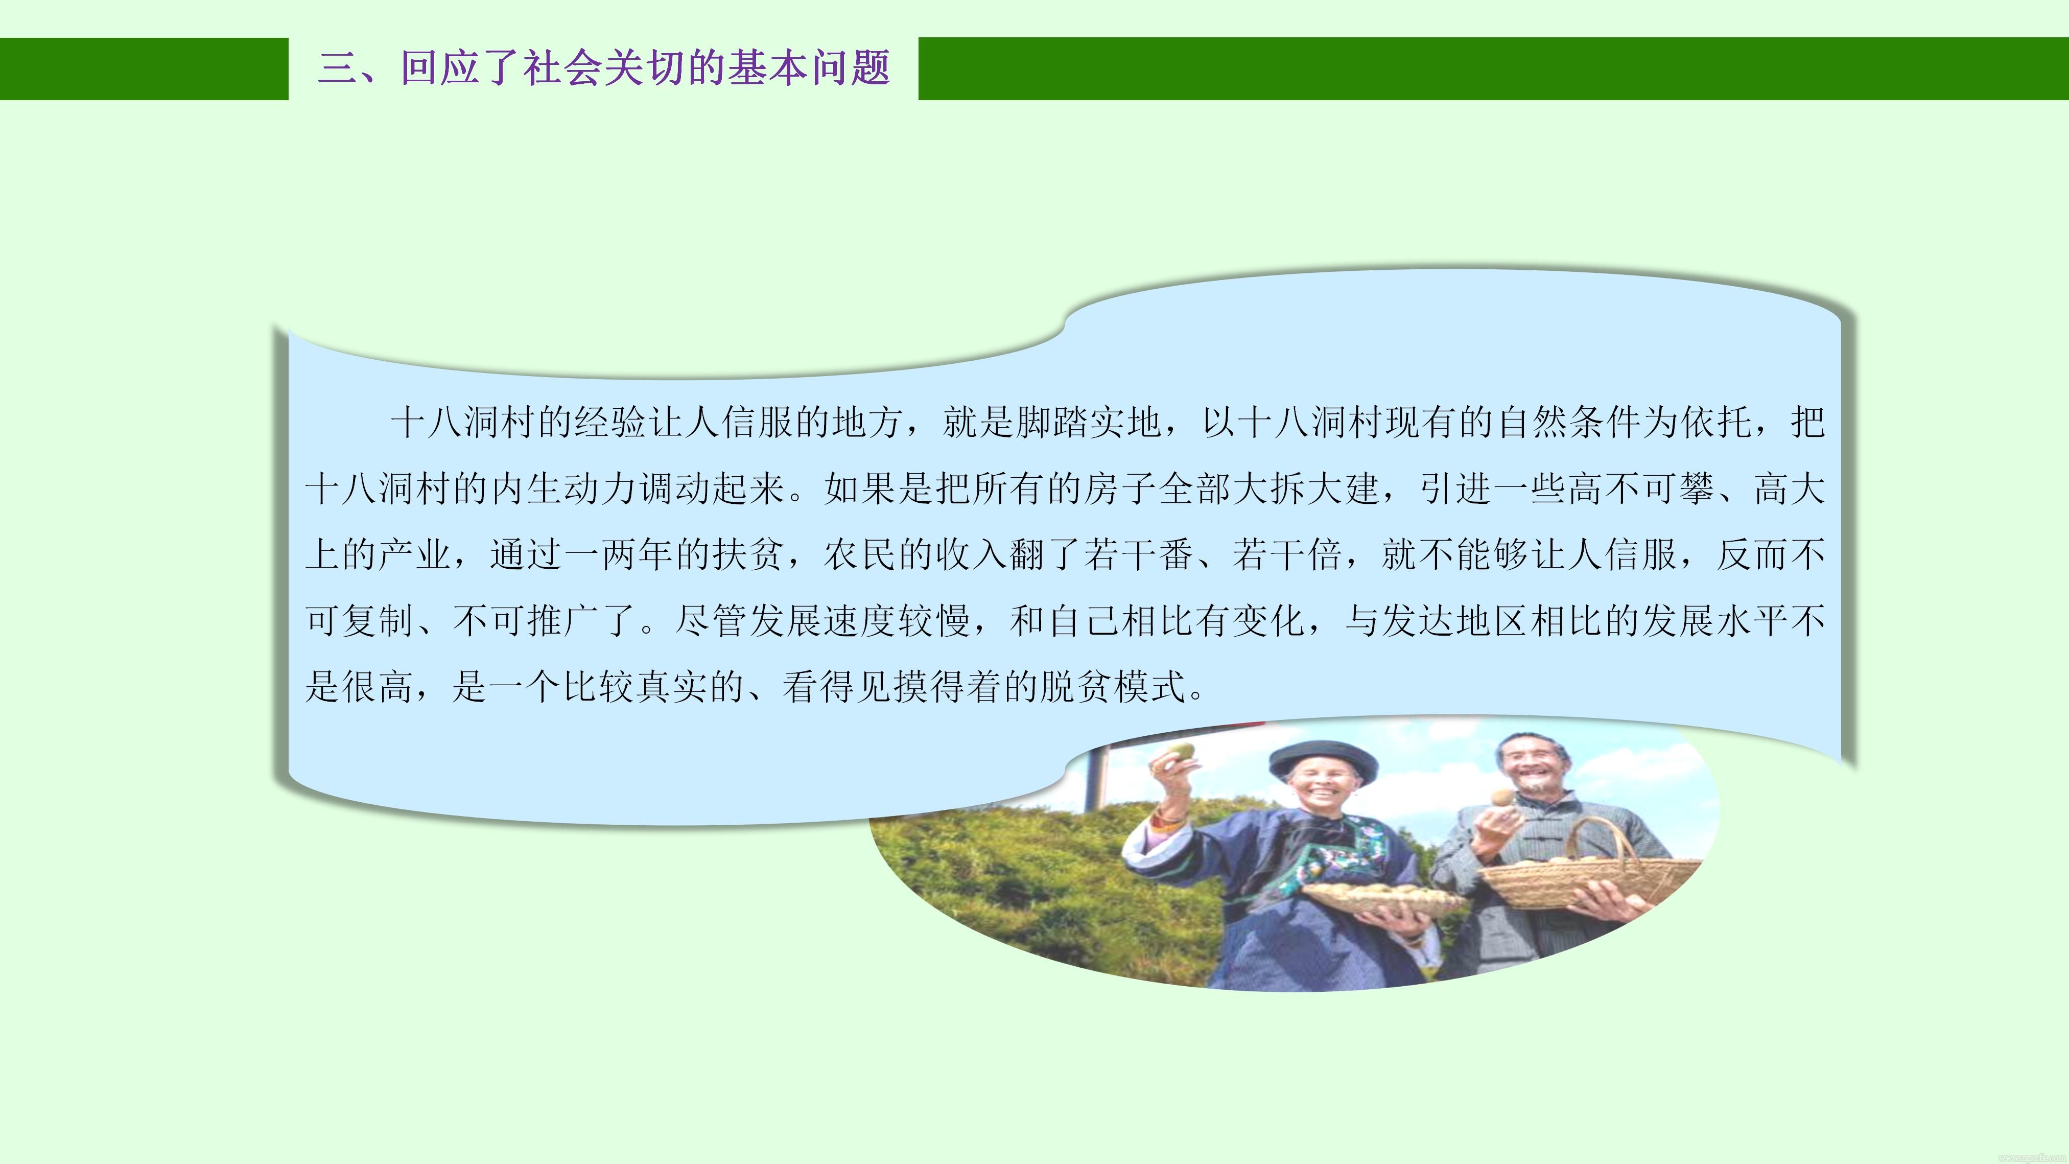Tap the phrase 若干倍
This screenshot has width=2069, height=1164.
click(x=1287, y=554)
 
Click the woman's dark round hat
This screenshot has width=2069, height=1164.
click(x=1322, y=758)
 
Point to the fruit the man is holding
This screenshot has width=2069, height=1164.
click(x=1500, y=798)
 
